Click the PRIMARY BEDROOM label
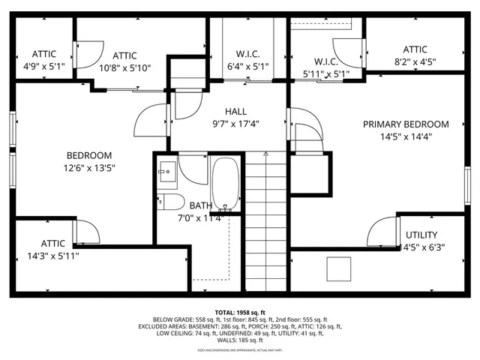[x=406, y=124]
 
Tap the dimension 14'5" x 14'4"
[x=406, y=136]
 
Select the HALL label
[x=235, y=112]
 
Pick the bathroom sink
[x=166, y=172]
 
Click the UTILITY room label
[x=421, y=235]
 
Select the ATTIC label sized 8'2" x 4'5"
[x=415, y=49]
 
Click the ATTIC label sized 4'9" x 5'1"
[x=44, y=54]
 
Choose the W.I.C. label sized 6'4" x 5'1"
[x=247, y=54]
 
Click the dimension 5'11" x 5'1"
[x=326, y=74]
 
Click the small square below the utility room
[x=340, y=268]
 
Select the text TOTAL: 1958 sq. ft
[x=239, y=312]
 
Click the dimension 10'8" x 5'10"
[x=125, y=67]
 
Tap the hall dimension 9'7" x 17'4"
[x=235, y=124]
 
